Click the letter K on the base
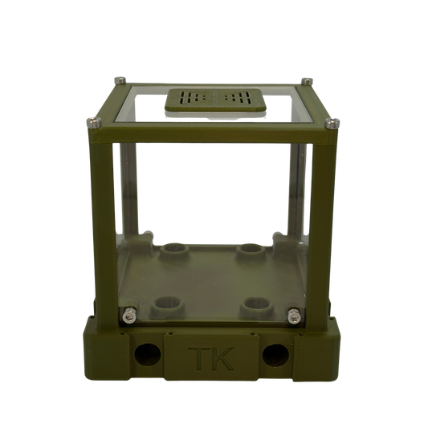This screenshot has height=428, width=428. point(222,358)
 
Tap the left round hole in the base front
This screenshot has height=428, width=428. point(148,355)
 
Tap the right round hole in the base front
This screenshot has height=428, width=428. point(275,355)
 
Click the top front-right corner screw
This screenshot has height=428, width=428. point(332,123)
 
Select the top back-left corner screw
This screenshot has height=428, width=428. point(120,80)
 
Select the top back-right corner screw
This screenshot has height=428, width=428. point(307,81)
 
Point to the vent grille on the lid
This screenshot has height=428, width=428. point(215,100)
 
